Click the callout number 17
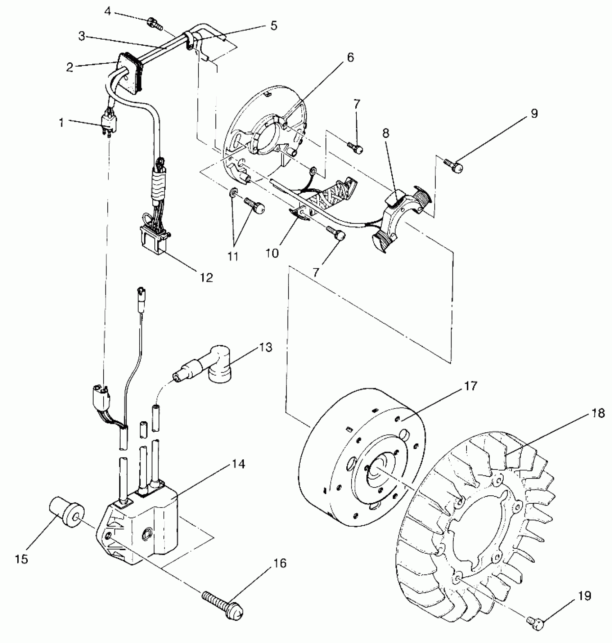coord(471,386)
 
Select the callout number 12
coord(207,277)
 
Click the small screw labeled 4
coord(154,24)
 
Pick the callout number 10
coord(273,253)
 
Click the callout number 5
coord(274,26)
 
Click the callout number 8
coord(386,134)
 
